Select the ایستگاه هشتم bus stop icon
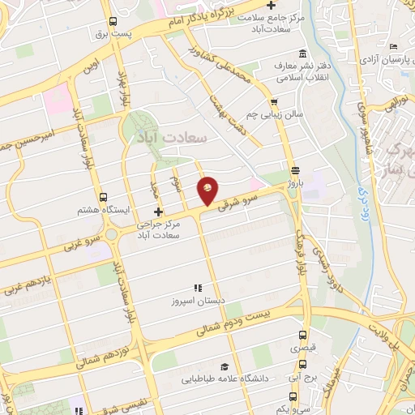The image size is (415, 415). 102,196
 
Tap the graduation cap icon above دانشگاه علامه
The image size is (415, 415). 224,366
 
